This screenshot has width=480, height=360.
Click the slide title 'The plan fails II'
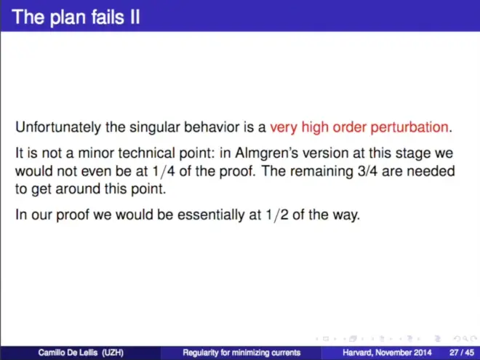76,17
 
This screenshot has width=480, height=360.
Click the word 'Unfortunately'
58,127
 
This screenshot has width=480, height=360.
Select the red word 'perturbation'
409,127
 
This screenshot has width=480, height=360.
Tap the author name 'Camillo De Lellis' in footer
68,353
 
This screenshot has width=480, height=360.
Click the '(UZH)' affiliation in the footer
113,353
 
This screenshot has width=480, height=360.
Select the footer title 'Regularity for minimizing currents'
241,353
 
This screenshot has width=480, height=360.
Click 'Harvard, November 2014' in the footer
387,353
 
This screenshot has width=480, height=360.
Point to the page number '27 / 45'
462,353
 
